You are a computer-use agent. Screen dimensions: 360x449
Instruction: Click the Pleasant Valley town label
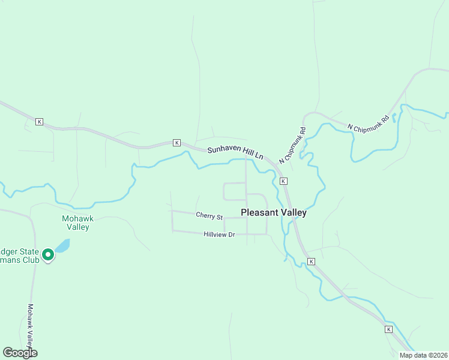(273, 212)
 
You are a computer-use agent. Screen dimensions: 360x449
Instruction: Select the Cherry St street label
(209, 215)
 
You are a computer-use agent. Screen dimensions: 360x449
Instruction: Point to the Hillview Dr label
(218, 235)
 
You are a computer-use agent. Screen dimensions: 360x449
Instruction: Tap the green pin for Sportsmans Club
(47, 255)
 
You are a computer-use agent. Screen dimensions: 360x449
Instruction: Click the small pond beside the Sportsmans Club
(62, 246)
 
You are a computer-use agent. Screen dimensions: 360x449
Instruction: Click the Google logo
(20, 352)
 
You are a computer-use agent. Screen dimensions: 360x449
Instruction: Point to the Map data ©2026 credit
(423, 355)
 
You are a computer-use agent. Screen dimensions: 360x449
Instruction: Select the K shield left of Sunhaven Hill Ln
(176, 142)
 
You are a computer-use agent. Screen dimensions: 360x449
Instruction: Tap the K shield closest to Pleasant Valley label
(283, 181)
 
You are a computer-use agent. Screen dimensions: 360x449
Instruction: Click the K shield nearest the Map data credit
(388, 329)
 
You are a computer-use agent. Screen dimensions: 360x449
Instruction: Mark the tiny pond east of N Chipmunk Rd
(394, 119)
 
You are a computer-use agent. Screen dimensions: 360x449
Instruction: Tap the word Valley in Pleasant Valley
(294, 212)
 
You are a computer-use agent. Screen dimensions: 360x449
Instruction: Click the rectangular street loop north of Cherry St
(235, 191)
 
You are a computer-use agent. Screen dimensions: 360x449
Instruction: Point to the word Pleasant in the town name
(259, 212)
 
